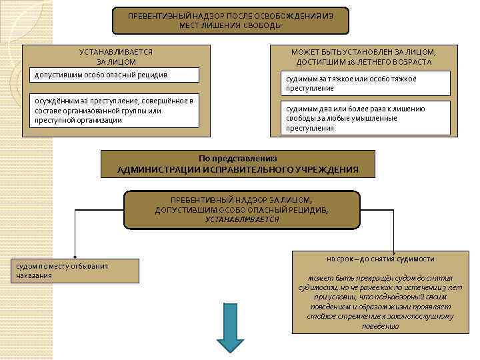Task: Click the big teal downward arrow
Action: [x=230, y=327]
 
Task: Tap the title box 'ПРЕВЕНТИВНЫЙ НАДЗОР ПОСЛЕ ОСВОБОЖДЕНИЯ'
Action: [x=230, y=20]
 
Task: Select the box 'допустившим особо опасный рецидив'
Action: [x=116, y=74]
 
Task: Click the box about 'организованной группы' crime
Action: [x=116, y=110]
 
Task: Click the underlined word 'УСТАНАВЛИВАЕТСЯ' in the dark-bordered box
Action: [x=242, y=219]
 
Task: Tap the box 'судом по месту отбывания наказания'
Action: [x=73, y=271]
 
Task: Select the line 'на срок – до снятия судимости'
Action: [x=381, y=259]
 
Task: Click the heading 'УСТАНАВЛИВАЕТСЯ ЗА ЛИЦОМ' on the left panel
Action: [x=116, y=57]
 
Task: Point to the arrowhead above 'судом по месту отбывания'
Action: [x=75, y=256]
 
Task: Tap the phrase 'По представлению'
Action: [x=238, y=159]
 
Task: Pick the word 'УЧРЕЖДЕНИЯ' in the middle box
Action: [x=327, y=170]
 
